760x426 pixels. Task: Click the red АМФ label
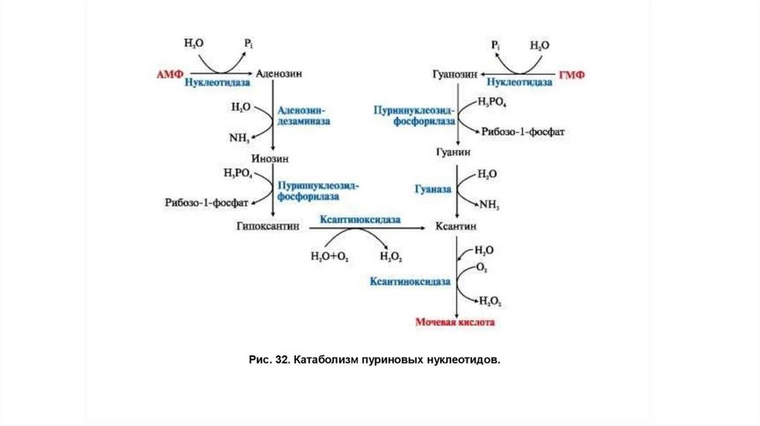pos(168,74)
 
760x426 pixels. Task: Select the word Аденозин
pos(279,74)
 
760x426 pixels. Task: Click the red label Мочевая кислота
pos(454,323)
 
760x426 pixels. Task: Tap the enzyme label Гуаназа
pos(433,189)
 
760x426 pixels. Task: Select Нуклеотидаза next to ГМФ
pos(522,83)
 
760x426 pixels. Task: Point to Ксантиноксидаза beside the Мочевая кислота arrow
pos(410,282)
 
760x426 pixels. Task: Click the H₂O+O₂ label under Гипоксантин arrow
pos(330,257)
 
